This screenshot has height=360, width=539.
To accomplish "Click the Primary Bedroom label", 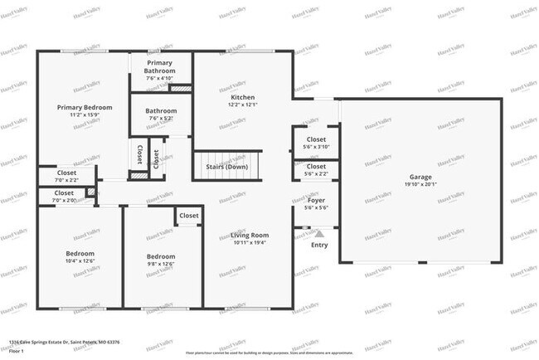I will (85, 107).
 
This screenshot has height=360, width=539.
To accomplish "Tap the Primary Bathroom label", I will (161, 66).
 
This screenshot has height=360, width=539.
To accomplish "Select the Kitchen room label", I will (244, 97).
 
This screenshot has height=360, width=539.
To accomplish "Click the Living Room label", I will (250, 235).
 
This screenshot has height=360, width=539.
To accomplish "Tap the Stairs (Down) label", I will (226, 167).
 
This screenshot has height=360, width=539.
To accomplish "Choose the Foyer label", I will (316, 200).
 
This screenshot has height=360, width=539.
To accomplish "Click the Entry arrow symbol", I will (319, 235).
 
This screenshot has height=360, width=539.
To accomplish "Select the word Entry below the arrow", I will (319, 245).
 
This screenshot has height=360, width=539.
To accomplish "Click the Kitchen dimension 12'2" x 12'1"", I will (244, 105).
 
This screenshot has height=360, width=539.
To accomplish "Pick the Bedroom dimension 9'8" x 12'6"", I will (161, 265).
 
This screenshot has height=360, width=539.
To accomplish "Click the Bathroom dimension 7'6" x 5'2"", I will (161, 119).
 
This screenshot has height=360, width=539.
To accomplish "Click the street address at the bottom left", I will (64, 342).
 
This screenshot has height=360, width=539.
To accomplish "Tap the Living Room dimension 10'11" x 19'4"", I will (250, 243).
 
